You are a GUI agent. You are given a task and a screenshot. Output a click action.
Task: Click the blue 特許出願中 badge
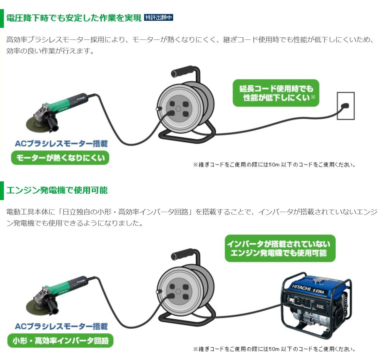(x=159, y=18)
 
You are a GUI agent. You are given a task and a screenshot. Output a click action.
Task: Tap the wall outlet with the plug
(x=346, y=106)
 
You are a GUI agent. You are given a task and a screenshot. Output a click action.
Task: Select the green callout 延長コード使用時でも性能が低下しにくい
(x=276, y=93)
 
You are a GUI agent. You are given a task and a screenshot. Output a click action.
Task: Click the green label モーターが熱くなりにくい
(x=60, y=158)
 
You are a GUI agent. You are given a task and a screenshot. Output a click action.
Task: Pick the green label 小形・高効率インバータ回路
(x=60, y=341)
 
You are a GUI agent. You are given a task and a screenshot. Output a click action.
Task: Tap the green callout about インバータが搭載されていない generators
(x=280, y=248)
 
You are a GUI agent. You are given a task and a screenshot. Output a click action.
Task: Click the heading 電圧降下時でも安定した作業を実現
(x=74, y=18)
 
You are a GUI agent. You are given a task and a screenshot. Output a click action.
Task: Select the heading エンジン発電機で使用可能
(x=57, y=190)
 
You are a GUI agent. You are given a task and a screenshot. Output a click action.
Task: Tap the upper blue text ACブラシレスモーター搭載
(x=61, y=143)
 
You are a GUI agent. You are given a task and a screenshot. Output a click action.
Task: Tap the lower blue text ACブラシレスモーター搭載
(x=61, y=326)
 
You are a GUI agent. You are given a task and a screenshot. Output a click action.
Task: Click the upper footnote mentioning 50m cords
(x=274, y=165)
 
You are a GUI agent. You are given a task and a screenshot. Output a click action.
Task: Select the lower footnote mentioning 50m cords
(x=274, y=349)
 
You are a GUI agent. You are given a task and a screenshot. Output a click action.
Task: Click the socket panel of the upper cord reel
(x=178, y=108)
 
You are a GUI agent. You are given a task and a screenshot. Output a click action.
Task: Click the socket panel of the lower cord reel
(x=178, y=291)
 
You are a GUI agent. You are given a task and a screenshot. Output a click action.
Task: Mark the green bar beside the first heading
(x=2, y=18)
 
